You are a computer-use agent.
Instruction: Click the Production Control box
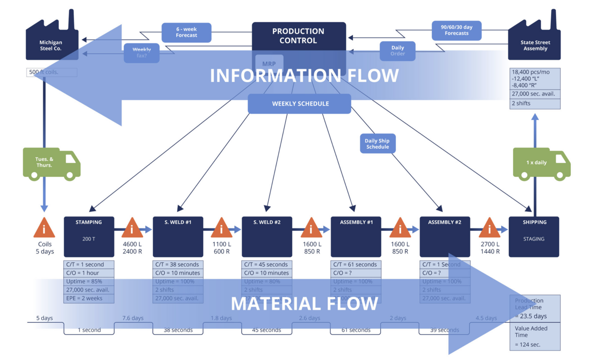[x=298, y=36]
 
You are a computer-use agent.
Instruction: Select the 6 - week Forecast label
[x=186, y=32]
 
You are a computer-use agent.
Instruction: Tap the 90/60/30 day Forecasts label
[x=456, y=30]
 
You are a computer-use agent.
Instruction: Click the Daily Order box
[x=397, y=50]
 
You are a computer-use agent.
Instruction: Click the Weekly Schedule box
[x=300, y=104]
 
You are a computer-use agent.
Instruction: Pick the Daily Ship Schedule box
[x=377, y=144]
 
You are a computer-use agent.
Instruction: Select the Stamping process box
[x=89, y=236]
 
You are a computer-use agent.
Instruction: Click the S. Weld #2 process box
[x=267, y=236]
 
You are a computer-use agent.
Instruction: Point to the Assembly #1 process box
[x=356, y=236]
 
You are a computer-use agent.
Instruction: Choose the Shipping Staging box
[x=534, y=236]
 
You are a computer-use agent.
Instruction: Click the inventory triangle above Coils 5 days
[x=44, y=228]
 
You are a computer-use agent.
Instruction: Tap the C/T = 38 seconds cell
[x=178, y=265]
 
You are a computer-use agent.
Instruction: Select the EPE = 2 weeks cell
[x=89, y=298]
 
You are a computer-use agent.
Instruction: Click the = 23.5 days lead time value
[x=531, y=316]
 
